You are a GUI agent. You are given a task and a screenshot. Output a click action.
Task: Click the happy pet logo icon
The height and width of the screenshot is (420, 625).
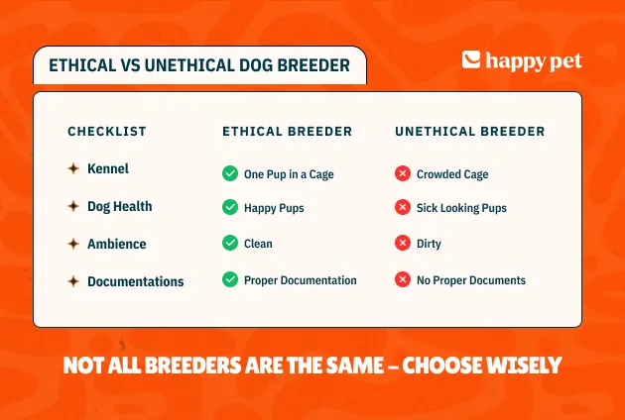(471, 59)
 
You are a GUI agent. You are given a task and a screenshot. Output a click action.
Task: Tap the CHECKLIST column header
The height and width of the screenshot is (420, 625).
(107, 131)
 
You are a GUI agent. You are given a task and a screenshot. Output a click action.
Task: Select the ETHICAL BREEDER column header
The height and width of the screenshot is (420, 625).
(288, 131)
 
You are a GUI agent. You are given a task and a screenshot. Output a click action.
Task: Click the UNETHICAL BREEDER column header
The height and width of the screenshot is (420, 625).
(470, 131)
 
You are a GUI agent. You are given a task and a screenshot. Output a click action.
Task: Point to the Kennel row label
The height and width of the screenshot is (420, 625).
(108, 168)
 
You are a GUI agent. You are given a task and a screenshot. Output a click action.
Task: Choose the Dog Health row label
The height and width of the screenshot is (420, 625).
(120, 206)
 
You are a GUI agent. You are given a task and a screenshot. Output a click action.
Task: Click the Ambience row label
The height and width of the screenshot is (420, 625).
(117, 244)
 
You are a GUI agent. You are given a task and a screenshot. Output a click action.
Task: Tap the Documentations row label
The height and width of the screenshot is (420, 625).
(136, 281)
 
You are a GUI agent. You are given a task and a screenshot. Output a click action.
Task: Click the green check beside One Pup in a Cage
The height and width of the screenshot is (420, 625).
(230, 173)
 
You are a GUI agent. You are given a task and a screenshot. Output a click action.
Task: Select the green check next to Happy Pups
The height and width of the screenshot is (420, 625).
(230, 207)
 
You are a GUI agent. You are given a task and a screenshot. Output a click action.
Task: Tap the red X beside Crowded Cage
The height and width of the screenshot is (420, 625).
(403, 173)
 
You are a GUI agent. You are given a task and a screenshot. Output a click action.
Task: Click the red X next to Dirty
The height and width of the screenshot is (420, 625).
(403, 243)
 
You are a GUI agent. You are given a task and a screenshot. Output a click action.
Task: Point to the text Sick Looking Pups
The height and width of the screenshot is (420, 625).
(461, 208)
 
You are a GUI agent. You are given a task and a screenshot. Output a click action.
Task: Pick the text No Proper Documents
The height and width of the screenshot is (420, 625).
(471, 280)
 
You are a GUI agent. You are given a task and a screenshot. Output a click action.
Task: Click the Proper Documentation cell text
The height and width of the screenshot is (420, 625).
(301, 280)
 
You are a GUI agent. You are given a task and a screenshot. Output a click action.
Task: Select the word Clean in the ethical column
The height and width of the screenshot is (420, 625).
(258, 244)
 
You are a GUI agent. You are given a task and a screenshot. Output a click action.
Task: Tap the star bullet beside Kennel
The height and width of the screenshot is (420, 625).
(73, 168)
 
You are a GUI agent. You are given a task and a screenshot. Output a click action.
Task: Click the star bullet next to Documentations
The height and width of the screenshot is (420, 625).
(73, 281)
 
